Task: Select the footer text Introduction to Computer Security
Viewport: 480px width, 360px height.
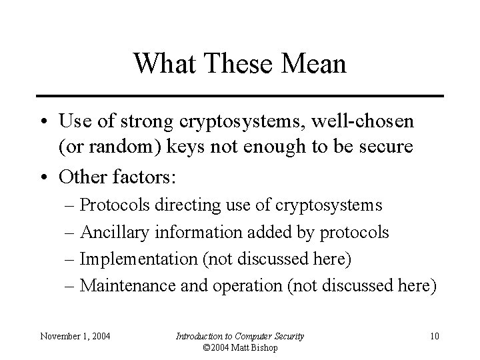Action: click(240, 335)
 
